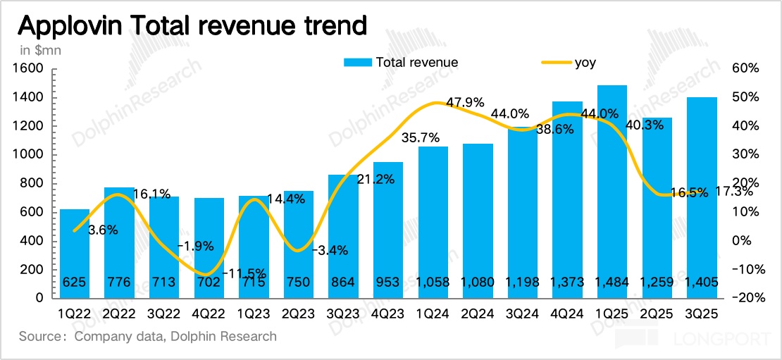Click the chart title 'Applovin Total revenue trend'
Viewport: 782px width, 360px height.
(192, 26)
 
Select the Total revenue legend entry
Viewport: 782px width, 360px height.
(401, 62)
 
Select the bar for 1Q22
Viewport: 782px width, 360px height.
(75, 254)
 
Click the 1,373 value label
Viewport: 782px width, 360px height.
(567, 283)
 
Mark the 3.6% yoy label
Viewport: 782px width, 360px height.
(103, 230)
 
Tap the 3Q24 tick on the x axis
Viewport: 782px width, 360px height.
(522, 310)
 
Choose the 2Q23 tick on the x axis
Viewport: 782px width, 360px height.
(299, 310)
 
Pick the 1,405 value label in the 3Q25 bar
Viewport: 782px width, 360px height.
(701, 283)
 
